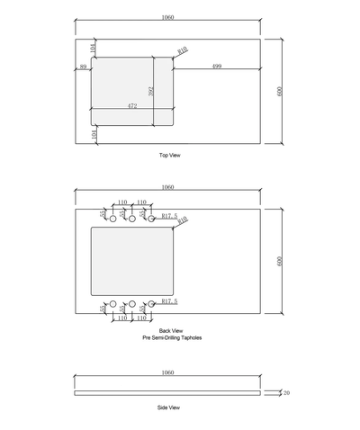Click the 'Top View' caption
tap(169, 156)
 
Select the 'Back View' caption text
tap(171, 331)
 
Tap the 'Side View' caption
tap(169, 408)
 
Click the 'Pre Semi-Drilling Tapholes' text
tap(171, 337)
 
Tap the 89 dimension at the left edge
tap(83, 67)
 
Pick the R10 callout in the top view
tap(183, 50)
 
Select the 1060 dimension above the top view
tap(167, 18)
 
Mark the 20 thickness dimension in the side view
tap(286, 392)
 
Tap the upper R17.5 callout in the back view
tap(169, 216)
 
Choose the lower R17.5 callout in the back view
tap(169, 300)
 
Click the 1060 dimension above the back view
tap(167, 187)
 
